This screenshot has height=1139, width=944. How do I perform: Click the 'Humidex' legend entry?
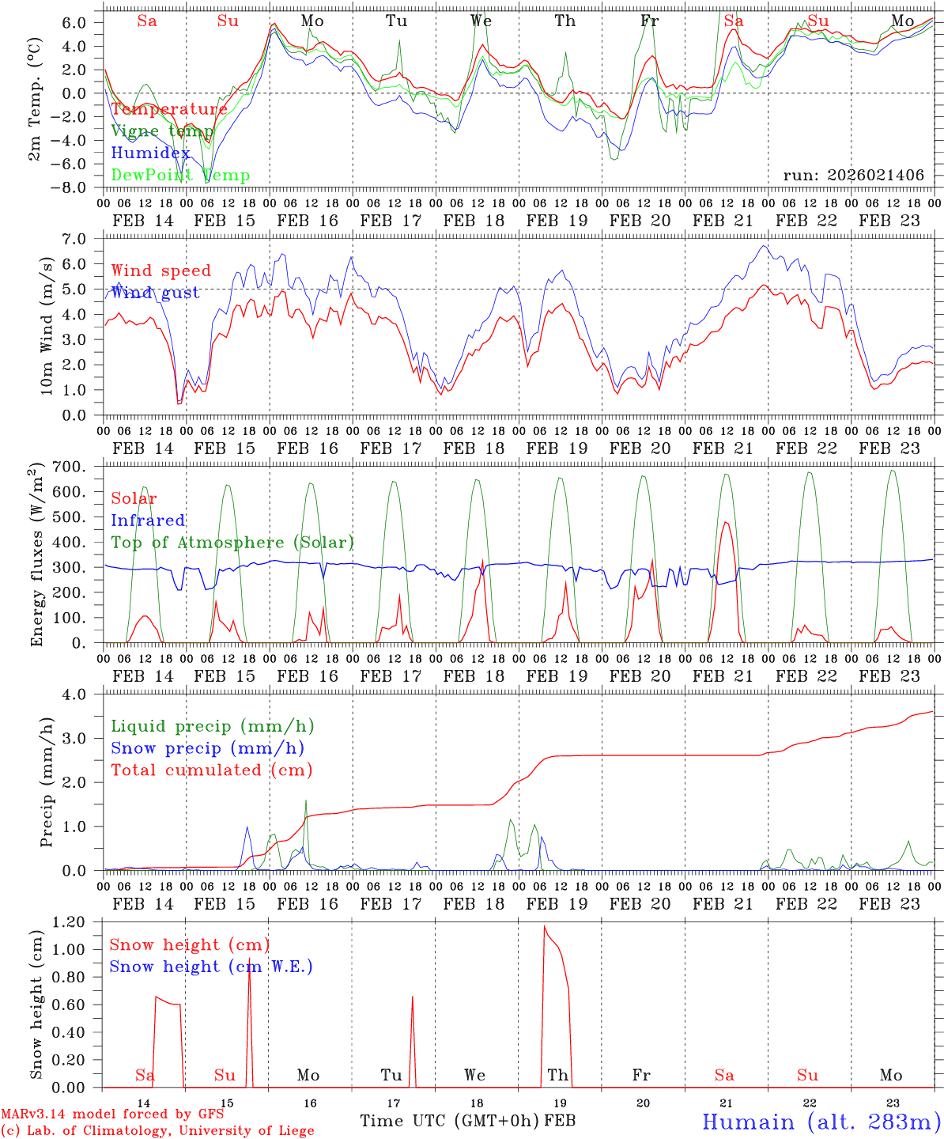click(x=151, y=153)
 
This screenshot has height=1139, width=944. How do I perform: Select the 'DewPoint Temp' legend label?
click(x=180, y=176)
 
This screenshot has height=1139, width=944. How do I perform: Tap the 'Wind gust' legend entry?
click(x=156, y=293)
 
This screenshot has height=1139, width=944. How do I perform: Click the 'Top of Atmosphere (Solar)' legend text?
click(x=232, y=543)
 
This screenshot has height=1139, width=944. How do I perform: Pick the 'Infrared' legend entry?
click(x=148, y=520)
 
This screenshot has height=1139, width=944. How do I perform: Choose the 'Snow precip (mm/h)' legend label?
click(x=208, y=748)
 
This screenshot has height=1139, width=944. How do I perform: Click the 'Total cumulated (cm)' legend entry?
click(x=212, y=770)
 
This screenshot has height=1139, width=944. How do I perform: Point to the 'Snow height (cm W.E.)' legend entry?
click(x=211, y=967)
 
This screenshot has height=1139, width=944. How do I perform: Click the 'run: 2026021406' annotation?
click(x=853, y=176)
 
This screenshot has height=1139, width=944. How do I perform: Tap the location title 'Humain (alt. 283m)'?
click(x=821, y=1122)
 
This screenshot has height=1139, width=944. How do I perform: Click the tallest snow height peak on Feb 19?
click(x=544, y=926)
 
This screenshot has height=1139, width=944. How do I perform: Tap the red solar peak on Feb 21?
click(x=726, y=522)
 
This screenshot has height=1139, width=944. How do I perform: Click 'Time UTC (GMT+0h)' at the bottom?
click(x=449, y=1121)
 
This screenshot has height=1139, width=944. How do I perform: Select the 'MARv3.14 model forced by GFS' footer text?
click(x=111, y=1114)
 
